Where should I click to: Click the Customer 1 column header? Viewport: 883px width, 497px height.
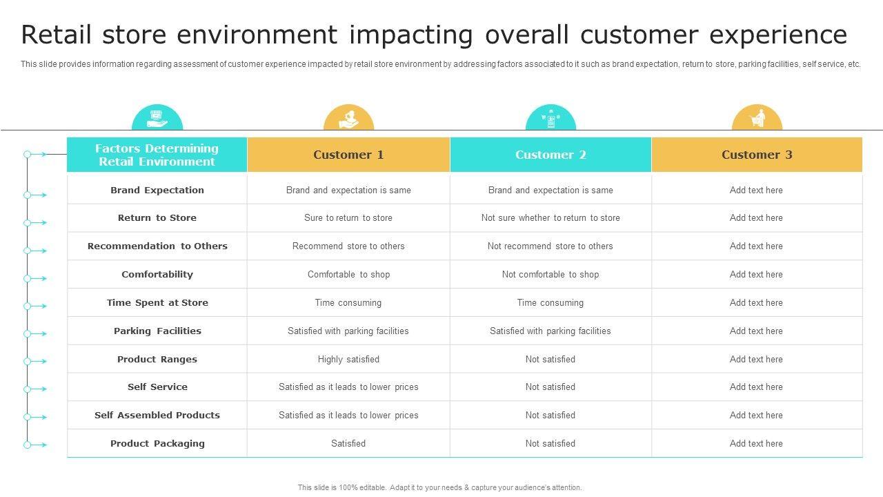(348, 155)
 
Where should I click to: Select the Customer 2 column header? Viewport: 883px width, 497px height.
(550, 155)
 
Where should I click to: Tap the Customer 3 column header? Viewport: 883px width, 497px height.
(757, 155)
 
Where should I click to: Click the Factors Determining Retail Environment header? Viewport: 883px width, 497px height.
(157, 155)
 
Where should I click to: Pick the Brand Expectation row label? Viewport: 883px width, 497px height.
(157, 190)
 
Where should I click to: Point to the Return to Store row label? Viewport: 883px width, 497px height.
(157, 217)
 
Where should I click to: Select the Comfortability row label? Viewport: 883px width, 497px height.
(157, 274)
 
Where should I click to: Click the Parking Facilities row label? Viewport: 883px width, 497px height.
(157, 331)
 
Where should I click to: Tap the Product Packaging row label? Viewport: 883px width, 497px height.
(157, 443)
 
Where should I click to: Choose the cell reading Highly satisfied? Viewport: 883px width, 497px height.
(348, 359)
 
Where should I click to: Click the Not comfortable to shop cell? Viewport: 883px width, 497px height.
(550, 274)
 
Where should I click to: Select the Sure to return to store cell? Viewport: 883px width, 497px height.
(348, 217)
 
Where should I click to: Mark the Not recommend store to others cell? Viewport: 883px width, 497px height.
(550, 246)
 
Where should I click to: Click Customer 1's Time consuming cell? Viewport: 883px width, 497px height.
(348, 302)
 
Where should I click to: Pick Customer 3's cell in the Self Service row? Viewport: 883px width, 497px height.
(756, 387)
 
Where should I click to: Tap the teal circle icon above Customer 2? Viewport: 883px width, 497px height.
(550, 119)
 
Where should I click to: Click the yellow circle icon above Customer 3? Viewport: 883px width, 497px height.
(757, 119)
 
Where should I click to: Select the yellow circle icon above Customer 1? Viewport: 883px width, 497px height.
(348, 119)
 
